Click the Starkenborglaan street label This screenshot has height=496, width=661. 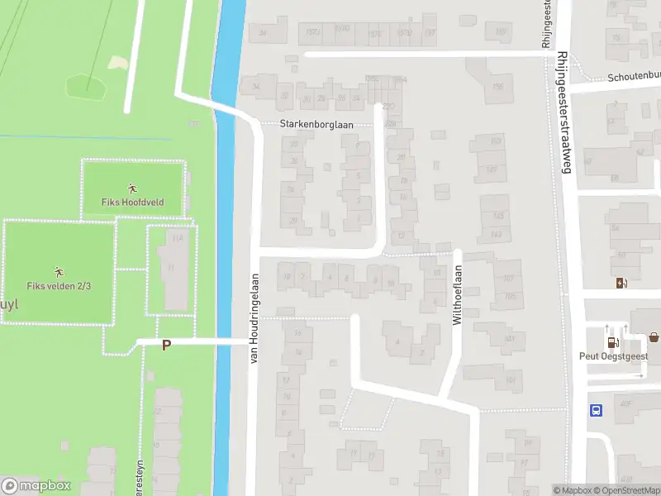(316, 124)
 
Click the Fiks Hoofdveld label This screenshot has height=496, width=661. (132, 202)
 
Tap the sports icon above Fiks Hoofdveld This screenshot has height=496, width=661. (132, 188)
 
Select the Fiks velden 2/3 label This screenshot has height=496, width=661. (59, 285)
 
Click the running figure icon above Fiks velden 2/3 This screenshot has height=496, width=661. (59, 271)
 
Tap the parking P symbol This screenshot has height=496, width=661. (166, 345)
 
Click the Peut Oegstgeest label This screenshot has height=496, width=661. (613, 356)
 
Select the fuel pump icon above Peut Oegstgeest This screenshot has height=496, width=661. (612, 342)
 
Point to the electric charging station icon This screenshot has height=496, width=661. (621, 283)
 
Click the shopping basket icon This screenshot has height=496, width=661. (654, 337)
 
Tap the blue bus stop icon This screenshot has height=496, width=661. (596, 410)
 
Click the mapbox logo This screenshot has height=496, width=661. (36, 486)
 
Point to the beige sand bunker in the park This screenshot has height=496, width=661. (117, 62)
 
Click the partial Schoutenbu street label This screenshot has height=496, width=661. (634, 75)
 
